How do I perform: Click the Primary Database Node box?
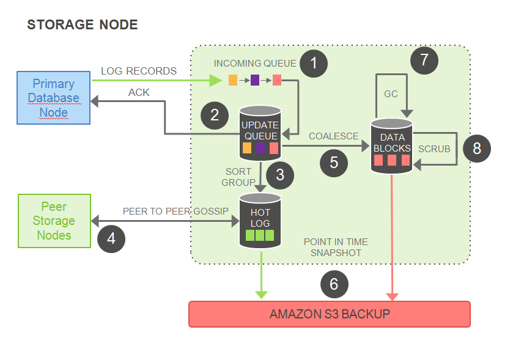[x=54, y=98]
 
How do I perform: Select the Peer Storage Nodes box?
[x=54, y=221]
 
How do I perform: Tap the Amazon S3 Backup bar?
[x=330, y=314]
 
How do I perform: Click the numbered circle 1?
[x=314, y=64]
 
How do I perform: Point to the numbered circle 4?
[x=111, y=239]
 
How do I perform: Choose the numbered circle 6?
[x=334, y=284]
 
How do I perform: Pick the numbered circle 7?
[x=424, y=60]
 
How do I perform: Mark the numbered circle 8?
[x=477, y=149]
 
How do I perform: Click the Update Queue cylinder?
[x=260, y=133]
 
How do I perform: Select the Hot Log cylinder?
[x=260, y=221]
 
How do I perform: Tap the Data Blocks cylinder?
[x=391, y=146]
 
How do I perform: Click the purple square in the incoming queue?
[x=255, y=80]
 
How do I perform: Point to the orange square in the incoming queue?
[x=232, y=80]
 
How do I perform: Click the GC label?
[x=391, y=94]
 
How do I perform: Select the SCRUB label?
[x=434, y=149]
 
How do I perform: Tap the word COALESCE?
[x=334, y=136]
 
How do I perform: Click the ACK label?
[x=139, y=92]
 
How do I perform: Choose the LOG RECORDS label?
[x=139, y=71]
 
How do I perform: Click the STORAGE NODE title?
[x=83, y=25]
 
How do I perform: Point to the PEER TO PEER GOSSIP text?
[x=175, y=211]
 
